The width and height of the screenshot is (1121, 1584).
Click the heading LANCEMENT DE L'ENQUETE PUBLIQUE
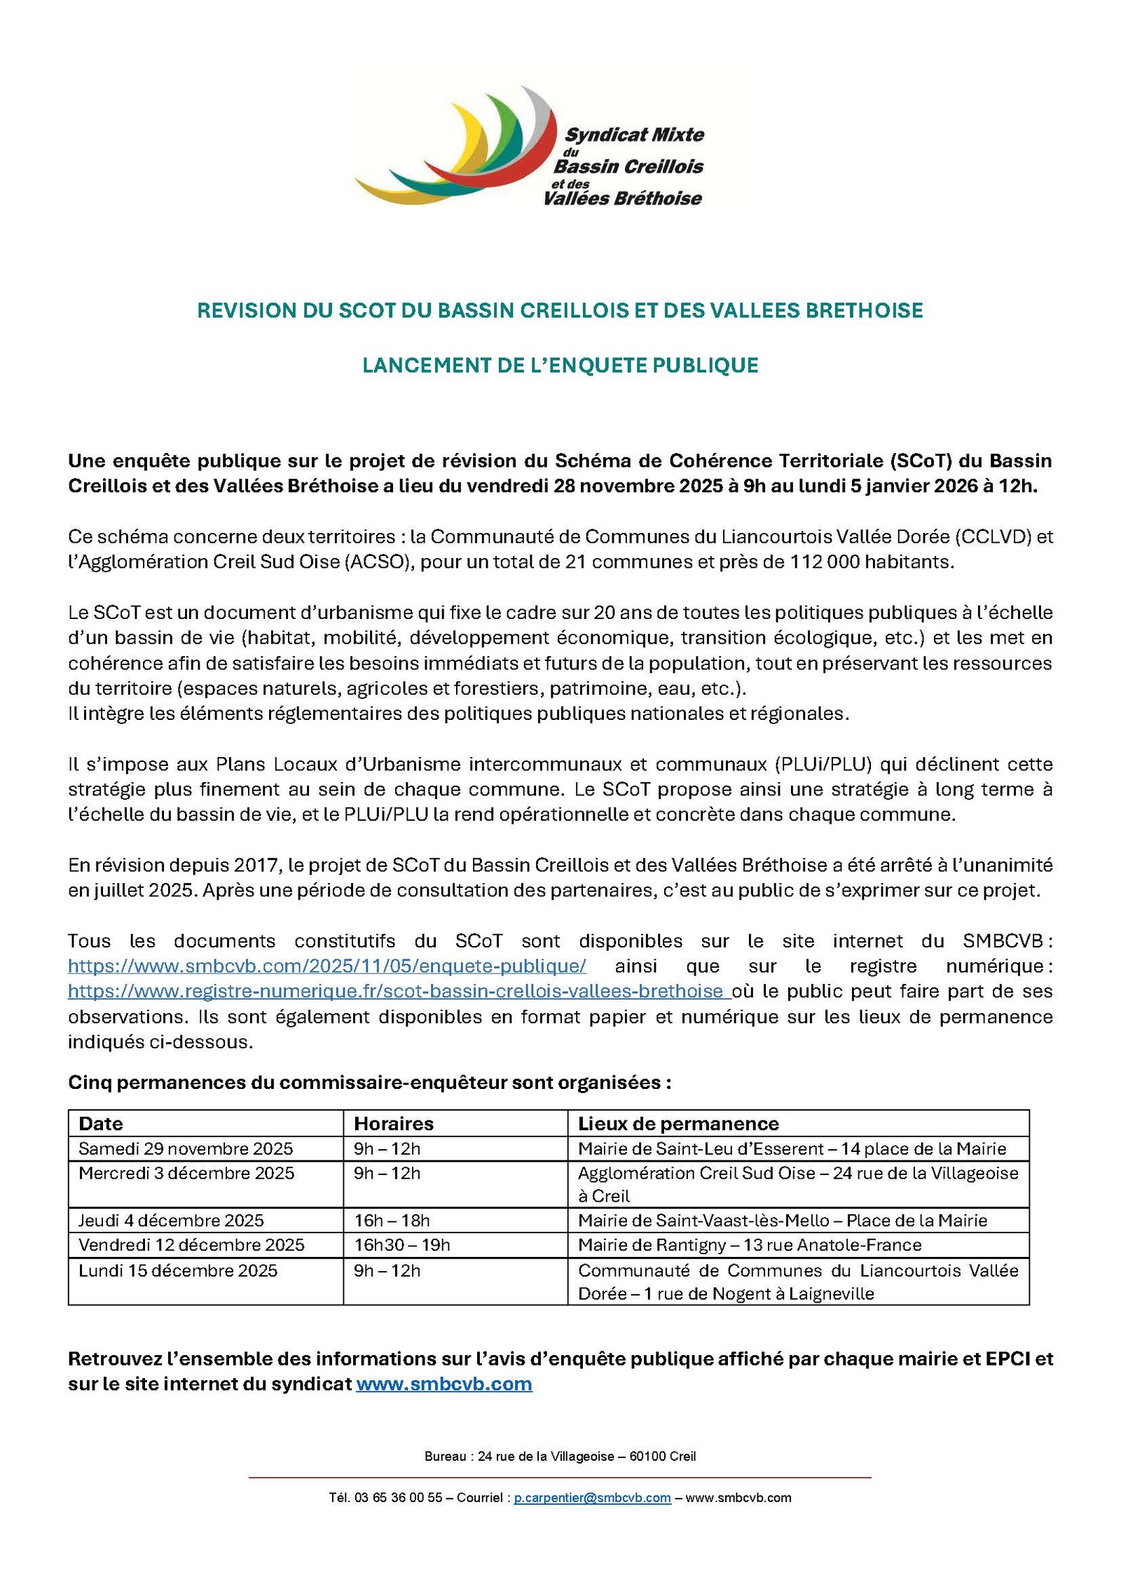[x=560, y=366]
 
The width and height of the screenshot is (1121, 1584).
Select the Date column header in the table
[x=101, y=1123]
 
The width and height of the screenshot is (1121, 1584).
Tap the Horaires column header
[x=393, y=1123]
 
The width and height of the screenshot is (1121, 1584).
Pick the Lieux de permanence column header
[x=678, y=1123]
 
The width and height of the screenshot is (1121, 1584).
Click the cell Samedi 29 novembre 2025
[x=186, y=1148]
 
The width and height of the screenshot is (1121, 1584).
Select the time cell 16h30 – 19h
[x=401, y=1244]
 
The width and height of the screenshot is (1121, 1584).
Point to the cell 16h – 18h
[x=392, y=1221]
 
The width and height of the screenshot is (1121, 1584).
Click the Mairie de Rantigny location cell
[x=749, y=1244]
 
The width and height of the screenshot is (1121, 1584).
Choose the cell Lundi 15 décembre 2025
[x=178, y=1270]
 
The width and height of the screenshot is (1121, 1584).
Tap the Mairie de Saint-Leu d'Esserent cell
[x=791, y=1148]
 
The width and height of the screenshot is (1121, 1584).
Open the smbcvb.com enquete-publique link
[x=326, y=966]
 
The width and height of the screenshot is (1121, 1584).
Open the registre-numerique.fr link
[x=397, y=991]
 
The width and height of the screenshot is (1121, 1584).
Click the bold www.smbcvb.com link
[x=443, y=1384]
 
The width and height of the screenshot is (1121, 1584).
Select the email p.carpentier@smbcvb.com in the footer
[x=592, y=1498]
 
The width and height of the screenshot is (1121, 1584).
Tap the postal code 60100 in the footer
[x=647, y=1456]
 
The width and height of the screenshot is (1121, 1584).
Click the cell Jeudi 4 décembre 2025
[x=171, y=1221]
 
